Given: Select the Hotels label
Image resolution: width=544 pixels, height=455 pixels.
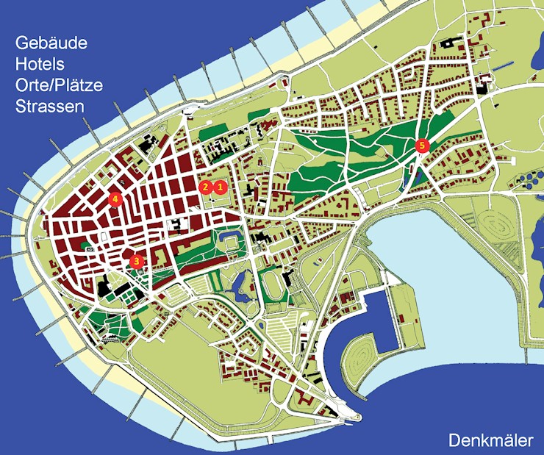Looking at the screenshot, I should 40,64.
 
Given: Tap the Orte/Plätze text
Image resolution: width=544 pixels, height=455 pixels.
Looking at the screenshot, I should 59,85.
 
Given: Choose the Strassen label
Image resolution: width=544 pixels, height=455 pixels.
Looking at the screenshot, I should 49,106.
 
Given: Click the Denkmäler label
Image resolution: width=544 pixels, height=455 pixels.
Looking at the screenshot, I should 490,440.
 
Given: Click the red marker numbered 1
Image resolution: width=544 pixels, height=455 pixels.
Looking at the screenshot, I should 219,187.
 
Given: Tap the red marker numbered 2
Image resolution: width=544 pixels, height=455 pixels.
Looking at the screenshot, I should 205,187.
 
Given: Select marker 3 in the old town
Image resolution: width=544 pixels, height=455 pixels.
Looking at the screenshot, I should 135,260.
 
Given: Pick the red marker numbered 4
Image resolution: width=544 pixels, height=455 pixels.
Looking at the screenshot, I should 113,198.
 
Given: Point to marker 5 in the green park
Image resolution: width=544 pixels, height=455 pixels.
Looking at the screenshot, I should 421,146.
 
